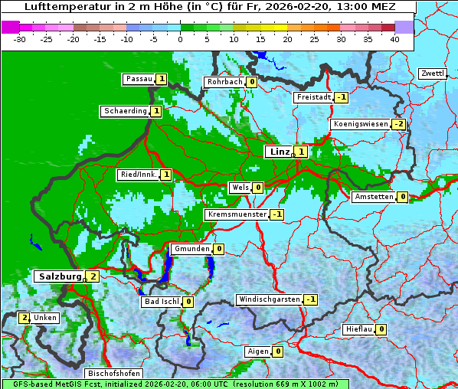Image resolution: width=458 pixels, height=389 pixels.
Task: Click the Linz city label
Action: [280, 152]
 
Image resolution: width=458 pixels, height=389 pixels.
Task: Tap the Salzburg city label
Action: [58, 276]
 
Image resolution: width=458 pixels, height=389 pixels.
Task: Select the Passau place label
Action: [139, 79]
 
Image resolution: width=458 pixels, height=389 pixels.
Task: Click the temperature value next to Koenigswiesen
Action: [399, 124]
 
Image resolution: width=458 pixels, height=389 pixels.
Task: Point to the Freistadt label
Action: [313, 97]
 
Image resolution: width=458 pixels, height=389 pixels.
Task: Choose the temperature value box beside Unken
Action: [24, 317]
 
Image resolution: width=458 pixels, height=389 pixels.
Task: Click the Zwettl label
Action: [432, 74]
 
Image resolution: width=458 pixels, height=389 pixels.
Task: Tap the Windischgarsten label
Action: [269, 299]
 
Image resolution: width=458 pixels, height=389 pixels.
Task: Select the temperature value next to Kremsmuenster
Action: [277, 214]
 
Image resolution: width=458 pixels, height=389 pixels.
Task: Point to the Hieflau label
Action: [358, 329]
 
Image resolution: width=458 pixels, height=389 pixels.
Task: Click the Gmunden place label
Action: [191, 249]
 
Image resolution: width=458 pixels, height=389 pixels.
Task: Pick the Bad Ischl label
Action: [161, 302]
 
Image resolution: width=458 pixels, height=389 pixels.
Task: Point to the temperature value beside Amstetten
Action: [403, 197]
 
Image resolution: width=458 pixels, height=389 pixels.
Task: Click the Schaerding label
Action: [125, 111]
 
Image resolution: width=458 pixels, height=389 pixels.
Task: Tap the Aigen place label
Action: [257, 351]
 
